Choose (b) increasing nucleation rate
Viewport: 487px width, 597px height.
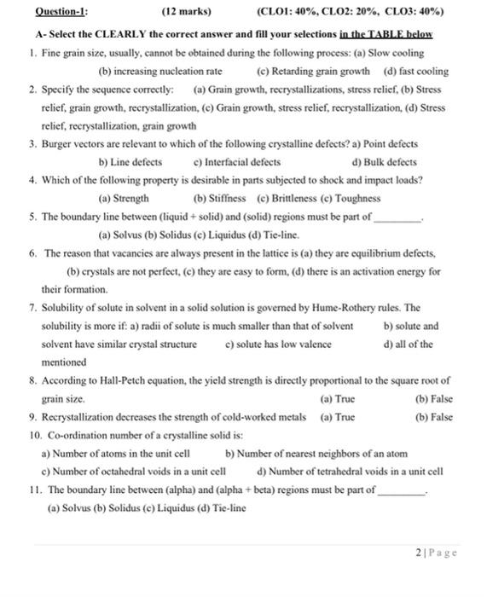pos(161,72)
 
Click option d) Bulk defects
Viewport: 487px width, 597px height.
pos(385,162)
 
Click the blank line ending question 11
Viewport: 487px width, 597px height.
pos(400,492)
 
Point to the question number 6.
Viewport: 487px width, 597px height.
pos(32,254)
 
